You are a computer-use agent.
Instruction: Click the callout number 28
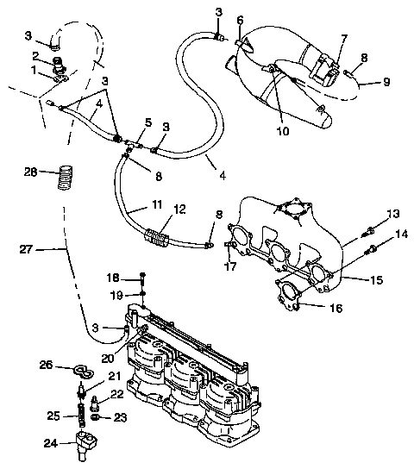click(31, 173)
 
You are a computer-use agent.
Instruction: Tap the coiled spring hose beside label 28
click(64, 178)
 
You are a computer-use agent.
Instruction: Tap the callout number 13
click(392, 213)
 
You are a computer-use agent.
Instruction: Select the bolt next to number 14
click(372, 251)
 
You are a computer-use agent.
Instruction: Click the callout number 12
click(180, 209)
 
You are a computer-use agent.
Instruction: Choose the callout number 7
click(343, 39)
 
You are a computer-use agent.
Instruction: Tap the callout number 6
click(240, 20)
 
